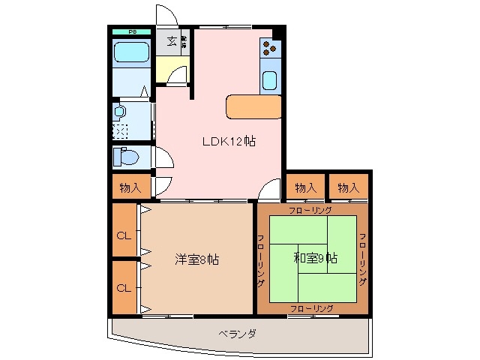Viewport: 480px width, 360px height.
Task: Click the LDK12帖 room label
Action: point(227,141)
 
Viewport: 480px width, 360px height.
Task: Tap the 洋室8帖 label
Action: point(197,259)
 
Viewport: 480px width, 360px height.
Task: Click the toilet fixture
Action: point(126,158)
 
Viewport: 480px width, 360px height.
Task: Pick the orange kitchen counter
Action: point(252,106)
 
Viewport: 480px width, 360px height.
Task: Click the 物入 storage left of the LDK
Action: point(130,187)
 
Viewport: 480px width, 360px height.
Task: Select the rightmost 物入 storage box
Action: point(348,187)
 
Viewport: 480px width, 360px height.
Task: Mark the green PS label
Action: point(131,31)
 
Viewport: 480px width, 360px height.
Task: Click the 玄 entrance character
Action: point(171,41)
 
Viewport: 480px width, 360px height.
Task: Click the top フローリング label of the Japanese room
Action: point(311,211)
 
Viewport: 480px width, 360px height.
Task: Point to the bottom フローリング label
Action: point(311,307)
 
